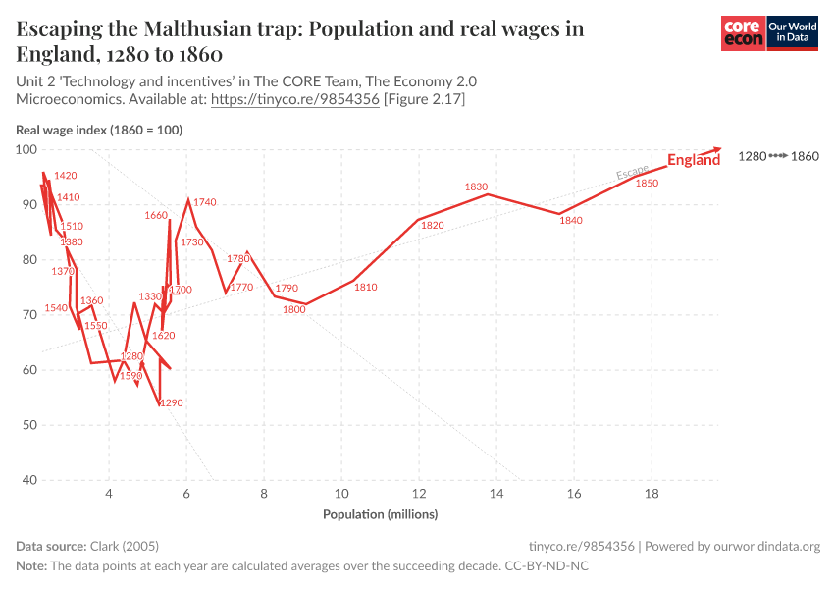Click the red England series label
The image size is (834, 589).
point(694,160)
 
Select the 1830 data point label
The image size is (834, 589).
point(476,187)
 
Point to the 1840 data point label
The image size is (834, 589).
point(571,221)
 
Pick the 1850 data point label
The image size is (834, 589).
point(647,184)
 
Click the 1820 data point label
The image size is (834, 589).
point(433,226)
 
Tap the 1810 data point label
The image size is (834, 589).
point(365,288)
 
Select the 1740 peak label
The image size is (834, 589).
point(205,202)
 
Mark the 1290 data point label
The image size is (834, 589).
point(172,403)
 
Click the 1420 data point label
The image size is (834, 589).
point(66,176)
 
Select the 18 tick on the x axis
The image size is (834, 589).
point(651,494)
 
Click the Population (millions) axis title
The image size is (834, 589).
point(381,514)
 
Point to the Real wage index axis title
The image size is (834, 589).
point(99,130)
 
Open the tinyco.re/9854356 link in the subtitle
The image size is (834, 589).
point(295,99)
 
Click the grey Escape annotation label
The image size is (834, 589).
point(632,174)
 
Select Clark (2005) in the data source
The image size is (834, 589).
point(124,546)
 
